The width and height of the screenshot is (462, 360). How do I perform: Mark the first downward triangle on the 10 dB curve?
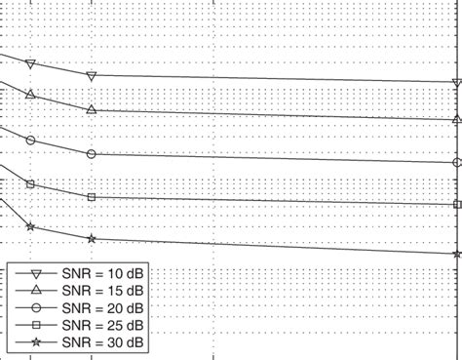tap(31, 64)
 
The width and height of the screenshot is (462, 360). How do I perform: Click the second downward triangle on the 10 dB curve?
tap(92, 76)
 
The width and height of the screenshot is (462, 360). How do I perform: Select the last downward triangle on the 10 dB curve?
tap(457, 83)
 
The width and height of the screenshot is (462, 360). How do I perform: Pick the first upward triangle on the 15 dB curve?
tap(31, 94)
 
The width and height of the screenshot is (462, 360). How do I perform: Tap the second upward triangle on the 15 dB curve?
tap(92, 110)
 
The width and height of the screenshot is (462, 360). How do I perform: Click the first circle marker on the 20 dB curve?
tap(31, 140)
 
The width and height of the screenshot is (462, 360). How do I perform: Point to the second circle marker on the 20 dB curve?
tap(92, 154)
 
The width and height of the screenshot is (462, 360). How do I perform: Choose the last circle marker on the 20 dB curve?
tap(457, 163)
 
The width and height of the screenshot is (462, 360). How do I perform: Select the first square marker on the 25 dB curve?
tap(31, 183)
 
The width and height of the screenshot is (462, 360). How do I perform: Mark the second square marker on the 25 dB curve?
tap(92, 197)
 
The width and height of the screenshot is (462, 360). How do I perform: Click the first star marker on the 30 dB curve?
tap(31, 227)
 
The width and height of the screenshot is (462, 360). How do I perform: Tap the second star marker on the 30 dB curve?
tap(92, 239)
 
